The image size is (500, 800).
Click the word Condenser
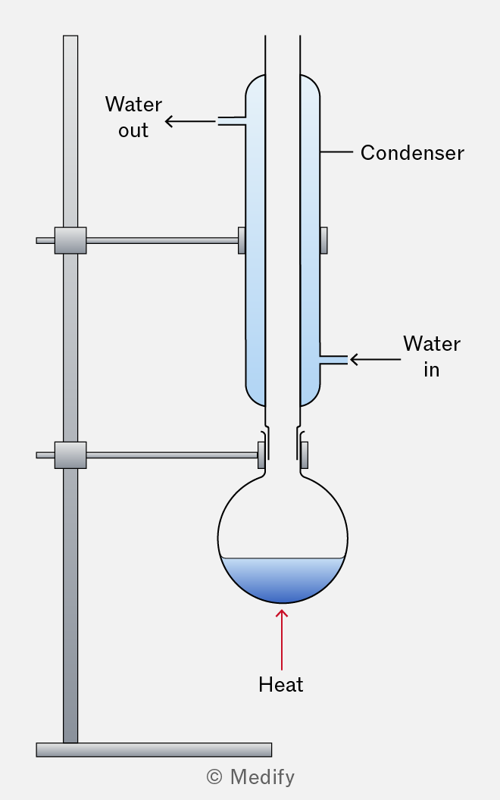click(411, 153)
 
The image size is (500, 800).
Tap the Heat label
click(280, 685)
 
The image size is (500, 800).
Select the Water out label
click(133, 117)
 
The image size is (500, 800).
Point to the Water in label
click(432, 356)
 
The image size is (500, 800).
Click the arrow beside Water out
click(189, 121)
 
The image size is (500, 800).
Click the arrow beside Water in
click(374, 360)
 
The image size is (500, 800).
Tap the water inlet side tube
click(333, 360)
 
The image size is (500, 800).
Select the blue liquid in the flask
click(282, 578)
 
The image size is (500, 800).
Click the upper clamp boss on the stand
click(70, 240)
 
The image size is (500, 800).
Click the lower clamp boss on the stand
click(70, 455)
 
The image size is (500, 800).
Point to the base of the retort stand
click(154, 749)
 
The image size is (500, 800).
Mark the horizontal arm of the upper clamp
click(162, 241)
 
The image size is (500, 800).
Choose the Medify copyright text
click(250, 777)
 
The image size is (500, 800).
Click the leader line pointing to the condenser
click(336, 152)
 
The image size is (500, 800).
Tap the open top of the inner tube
click(283, 38)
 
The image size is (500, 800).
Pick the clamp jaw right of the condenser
click(324, 240)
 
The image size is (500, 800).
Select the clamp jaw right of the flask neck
click(305, 455)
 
